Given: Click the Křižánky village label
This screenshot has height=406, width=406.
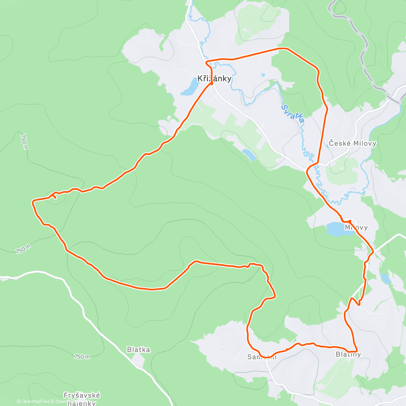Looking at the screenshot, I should [x=215, y=78].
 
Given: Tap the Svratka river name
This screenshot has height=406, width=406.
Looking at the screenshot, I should [x=293, y=114].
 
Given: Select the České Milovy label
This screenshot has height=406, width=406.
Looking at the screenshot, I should [x=353, y=143].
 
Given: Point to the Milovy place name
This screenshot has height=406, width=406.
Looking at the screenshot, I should [x=356, y=228].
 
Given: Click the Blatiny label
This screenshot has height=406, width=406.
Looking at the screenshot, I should [x=348, y=355].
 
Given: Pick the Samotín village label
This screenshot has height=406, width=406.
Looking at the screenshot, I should [x=262, y=357].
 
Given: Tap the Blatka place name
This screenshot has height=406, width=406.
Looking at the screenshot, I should [x=138, y=349].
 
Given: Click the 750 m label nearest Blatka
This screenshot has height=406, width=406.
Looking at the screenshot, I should [x=82, y=357].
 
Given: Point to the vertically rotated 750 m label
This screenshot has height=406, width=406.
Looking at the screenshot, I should [x=24, y=142].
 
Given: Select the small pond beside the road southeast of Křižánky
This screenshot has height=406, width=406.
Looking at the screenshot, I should [x=250, y=155].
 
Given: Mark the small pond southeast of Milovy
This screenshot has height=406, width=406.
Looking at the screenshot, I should [x=385, y=278].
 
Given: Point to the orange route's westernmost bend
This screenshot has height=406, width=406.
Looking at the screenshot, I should [x=33, y=202].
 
